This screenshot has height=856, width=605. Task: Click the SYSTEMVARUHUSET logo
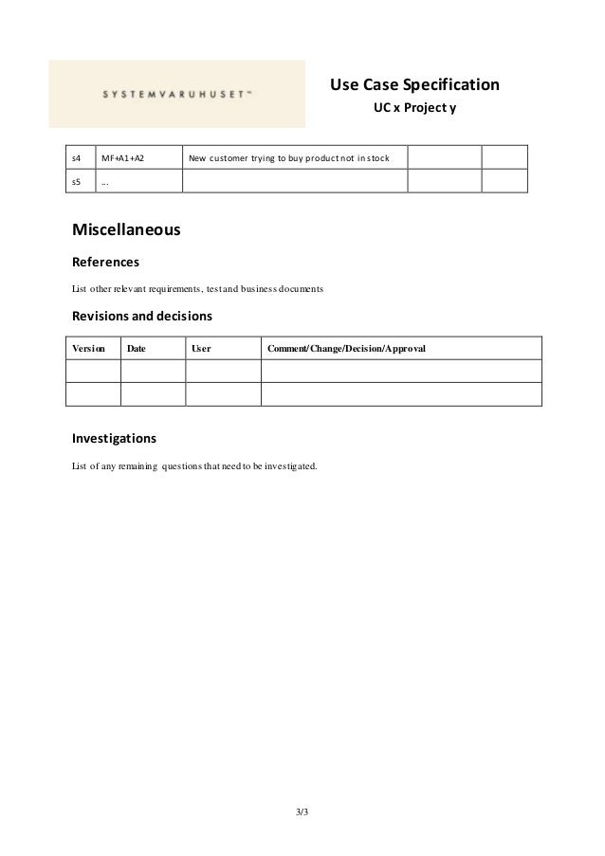tap(177, 94)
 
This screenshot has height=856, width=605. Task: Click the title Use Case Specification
tap(414, 86)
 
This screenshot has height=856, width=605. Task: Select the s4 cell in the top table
tap(77, 156)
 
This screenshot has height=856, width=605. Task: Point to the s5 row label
tap(77, 181)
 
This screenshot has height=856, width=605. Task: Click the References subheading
tap(106, 261)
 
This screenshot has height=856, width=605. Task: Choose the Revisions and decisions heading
tap(142, 315)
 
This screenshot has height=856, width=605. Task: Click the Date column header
tap(137, 349)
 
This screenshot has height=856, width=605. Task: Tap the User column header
tap(201, 349)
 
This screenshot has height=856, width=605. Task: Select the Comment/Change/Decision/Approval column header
tap(347, 349)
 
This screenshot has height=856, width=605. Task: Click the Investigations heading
tap(115, 439)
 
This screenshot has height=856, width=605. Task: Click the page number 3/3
tap(302, 812)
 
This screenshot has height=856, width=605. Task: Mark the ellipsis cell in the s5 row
tap(105, 181)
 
